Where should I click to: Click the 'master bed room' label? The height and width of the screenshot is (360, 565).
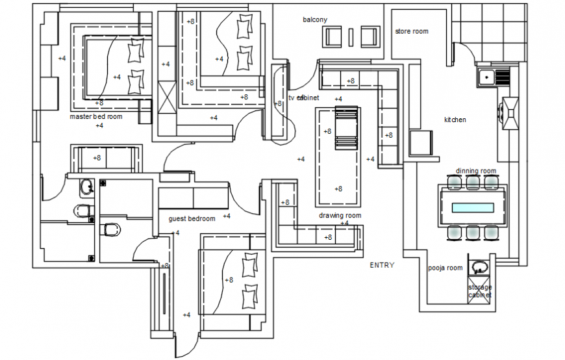click(96, 117)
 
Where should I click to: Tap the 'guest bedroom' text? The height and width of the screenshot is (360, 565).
click(192, 218)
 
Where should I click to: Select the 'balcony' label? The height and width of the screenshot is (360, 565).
click(315, 19)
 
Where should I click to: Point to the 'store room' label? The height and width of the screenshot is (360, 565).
click(412, 31)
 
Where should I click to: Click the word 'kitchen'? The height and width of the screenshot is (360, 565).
click(455, 120)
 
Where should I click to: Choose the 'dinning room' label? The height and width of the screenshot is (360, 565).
click(475, 171)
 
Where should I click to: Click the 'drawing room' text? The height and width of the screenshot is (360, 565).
click(340, 215)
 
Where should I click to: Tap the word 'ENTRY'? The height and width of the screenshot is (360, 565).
click(382, 265)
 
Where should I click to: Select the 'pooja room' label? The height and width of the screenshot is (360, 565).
click(445, 268)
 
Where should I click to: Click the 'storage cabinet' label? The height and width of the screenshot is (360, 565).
click(480, 291)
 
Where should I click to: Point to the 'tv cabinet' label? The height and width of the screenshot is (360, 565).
click(304, 97)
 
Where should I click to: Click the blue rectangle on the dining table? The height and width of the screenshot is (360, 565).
click(472, 208)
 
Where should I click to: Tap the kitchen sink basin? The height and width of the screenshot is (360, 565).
click(486, 78)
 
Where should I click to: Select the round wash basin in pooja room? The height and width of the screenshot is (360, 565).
click(479, 267)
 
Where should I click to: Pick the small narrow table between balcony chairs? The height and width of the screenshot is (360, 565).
click(351, 37)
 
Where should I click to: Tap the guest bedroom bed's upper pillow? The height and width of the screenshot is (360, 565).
click(249, 265)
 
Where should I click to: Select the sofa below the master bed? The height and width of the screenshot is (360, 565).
click(107, 159)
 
